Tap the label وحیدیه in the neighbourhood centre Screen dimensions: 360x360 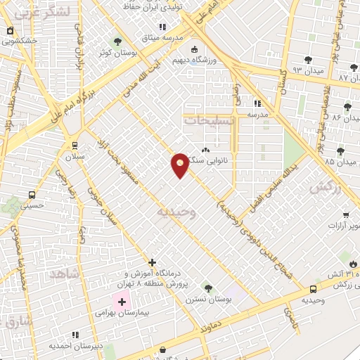176,211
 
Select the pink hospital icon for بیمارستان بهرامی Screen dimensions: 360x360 123,302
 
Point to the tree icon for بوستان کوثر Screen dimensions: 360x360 117,41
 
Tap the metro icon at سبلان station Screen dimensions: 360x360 75,145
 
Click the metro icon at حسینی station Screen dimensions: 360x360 33,195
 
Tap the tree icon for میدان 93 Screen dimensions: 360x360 308,60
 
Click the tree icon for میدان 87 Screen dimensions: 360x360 354,65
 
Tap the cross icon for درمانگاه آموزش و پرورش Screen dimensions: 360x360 152,262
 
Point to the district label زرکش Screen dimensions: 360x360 321,187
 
